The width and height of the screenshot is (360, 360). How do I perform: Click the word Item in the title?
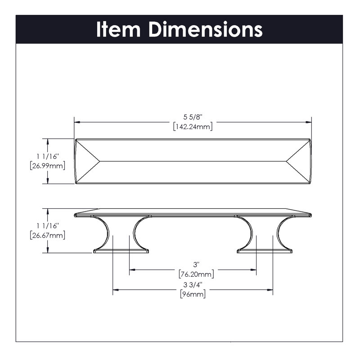pos(118,29)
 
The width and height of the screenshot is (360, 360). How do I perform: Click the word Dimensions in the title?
pos(206,29)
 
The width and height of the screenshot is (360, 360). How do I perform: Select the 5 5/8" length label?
pos(193,117)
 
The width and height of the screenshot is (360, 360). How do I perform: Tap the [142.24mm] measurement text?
pos(193,126)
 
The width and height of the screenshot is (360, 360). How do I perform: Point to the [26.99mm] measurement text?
pos(48,166)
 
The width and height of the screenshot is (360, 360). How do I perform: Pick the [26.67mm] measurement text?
pos(48,235)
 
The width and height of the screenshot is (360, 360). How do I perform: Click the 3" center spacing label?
pos(195,265)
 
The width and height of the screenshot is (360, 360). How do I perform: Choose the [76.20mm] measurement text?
pos(196,274)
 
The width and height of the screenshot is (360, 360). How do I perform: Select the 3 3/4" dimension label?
pos(193,285)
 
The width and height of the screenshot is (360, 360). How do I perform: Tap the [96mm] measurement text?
pos(193,294)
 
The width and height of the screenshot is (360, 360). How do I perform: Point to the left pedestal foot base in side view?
pos(121,251)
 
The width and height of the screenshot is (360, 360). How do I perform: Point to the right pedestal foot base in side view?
pos(265,251)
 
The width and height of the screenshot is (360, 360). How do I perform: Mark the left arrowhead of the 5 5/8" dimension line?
pos(77,122)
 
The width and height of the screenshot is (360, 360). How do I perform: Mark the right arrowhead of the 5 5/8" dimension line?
pos(309,122)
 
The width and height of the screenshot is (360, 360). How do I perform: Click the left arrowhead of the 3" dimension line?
pos(132,270)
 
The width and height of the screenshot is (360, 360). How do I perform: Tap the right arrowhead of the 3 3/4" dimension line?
pos(270,290)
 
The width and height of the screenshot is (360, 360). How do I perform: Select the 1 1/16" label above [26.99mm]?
pos(48,157)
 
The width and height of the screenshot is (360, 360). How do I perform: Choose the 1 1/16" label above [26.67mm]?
pos(48,226)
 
